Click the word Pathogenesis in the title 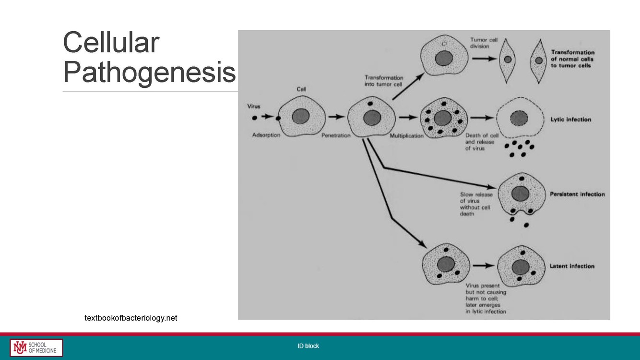coord(149,72)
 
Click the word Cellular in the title coord(111,42)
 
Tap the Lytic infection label coord(571,120)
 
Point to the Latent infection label coord(572,266)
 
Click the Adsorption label coord(266,135)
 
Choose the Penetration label coord(336,135)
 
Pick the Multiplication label coord(406,136)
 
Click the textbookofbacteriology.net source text coord(131,318)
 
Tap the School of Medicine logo coord(36,348)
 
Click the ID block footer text coord(308,346)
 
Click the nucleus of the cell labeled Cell coord(301,116)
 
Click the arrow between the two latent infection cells coord(484,265)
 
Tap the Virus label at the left coord(254,106)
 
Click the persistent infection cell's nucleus coord(521,194)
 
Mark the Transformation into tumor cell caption coord(384,81)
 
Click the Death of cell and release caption coord(482,142)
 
